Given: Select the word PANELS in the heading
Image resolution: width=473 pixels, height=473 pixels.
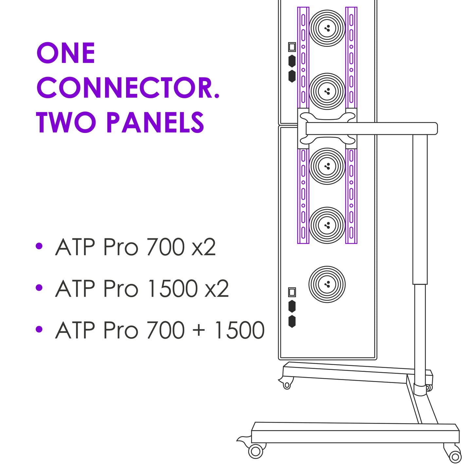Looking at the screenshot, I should coord(155,122).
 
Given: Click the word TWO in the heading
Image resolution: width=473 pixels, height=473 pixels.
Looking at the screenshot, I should coord(66,122).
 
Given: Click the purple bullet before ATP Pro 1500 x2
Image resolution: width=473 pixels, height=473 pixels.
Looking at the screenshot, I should coord(39,287).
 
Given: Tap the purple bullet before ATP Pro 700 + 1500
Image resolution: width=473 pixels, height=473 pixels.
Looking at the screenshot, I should coord(39,329).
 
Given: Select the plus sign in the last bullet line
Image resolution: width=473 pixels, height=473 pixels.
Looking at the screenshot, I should coord(199,330).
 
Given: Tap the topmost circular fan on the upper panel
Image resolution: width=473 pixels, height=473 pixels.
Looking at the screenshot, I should coord(327,28).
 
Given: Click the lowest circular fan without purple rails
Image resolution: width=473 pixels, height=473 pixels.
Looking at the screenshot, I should coord(327,284).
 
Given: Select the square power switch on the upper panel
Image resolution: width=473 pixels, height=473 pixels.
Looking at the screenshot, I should coord(292,47).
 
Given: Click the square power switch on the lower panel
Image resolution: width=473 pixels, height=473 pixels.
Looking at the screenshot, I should coord(292,292).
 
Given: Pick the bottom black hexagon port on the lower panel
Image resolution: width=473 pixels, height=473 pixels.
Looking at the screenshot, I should coord(292,321).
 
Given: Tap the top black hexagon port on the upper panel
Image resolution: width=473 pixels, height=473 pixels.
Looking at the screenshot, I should coord(292,61).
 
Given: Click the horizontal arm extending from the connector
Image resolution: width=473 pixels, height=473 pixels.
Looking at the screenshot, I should coord(371,129).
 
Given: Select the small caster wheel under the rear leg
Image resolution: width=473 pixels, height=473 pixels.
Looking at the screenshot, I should coord(287,385).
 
